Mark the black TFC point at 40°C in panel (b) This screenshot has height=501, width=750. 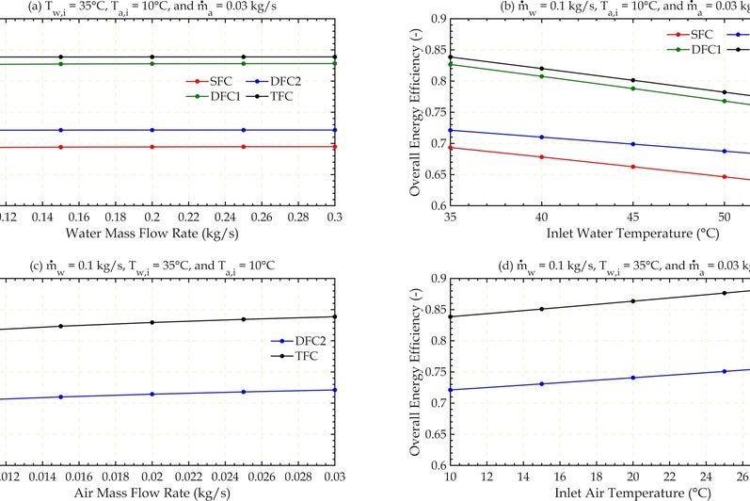pos(541,69)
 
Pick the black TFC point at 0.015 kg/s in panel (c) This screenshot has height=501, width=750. pos(61,326)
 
